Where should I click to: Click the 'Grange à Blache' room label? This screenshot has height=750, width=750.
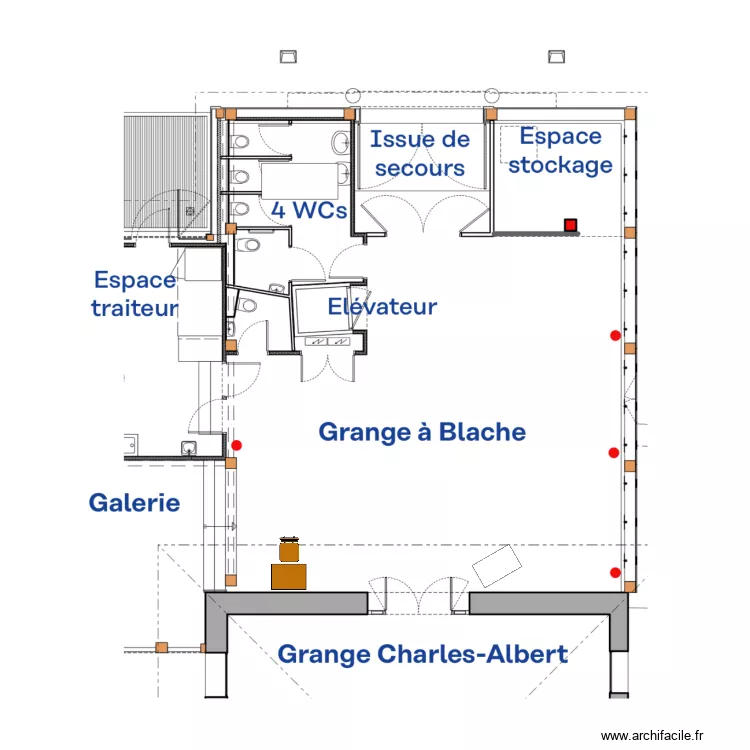pyautogui.click(x=421, y=432)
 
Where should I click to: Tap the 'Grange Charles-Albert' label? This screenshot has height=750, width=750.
pyautogui.click(x=422, y=654)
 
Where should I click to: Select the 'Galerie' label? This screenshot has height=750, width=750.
pyautogui.click(x=135, y=502)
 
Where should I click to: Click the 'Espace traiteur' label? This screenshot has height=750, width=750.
pyautogui.click(x=135, y=294)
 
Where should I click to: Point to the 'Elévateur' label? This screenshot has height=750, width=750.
pyautogui.click(x=382, y=306)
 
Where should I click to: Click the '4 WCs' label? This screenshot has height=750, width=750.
pyautogui.click(x=309, y=210)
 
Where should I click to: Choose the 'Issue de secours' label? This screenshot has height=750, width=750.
pyautogui.click(x=420, y=153)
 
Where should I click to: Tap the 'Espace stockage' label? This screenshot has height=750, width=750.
pyautogui.click(x=560, y=151)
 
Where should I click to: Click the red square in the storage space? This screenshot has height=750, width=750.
pyautogui.click(x=570, y=225)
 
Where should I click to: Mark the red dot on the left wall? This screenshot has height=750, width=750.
pyautogui.click(x=237, y=445)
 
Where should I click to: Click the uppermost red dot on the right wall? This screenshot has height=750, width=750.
pyautogui.click(x=615, y=336)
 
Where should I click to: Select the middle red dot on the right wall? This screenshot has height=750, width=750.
pyautogui.click(x=614, y=453)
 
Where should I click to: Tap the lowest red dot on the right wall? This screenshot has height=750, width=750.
pyautogui.click(x=615, y=572)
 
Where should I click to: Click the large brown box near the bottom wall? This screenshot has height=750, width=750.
pyautogui.click(x=289, y=576)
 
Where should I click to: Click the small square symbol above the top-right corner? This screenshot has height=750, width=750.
pyautogui.click(x=559, y=55)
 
